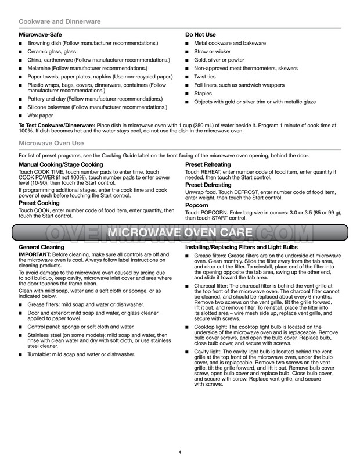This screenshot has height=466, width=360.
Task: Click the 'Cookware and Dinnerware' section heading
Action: (x=60, y=21)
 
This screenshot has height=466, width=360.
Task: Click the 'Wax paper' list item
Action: (x=41, y=116)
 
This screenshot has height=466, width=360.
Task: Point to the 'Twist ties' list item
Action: (x=204, y=77)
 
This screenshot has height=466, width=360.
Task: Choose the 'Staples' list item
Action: (x=203, y=94)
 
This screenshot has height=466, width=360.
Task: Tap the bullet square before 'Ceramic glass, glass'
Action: (x=21, y=52)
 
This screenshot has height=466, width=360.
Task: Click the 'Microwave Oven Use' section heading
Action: (x=51, y=143)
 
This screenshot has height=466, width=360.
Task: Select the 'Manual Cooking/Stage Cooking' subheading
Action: (x=61, y=164)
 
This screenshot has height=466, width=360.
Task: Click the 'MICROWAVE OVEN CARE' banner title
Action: (x=179, y=233)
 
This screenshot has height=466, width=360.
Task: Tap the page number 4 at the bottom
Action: (x=180, y=451)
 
